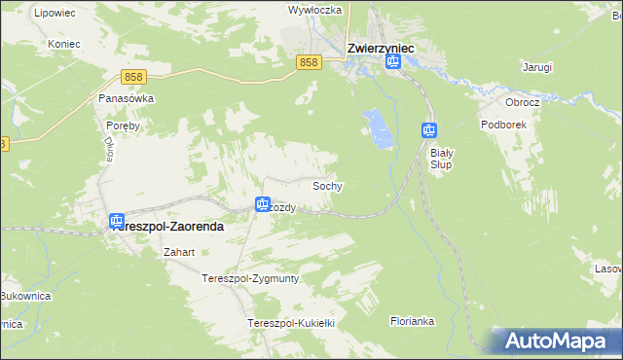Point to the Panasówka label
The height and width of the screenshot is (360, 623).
[x=121, y=98]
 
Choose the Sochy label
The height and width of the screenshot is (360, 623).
[x=327, y=185]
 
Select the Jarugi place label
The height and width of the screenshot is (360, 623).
[x=536, y=67]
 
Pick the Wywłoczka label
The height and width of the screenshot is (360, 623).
[x=311, y=10]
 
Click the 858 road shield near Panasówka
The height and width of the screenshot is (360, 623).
[x=134, y=76]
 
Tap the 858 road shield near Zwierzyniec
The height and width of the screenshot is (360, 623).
[x=309, y=62]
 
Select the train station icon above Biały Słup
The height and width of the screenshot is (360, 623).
[x=429, y=129]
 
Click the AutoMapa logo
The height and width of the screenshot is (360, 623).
[x=555, y=342]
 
